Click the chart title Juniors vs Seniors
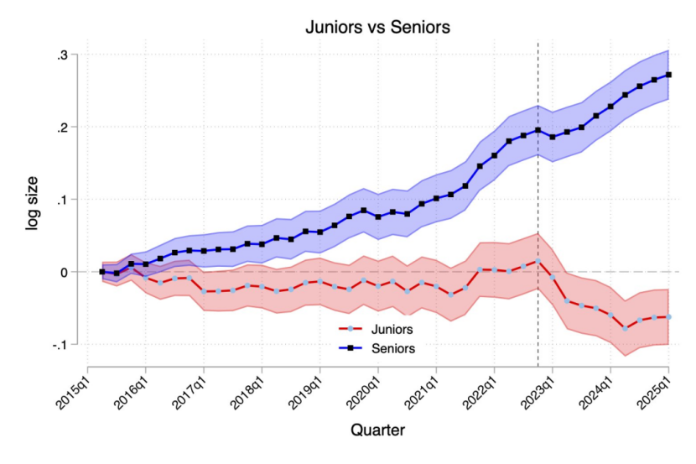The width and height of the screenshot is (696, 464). [377, 27]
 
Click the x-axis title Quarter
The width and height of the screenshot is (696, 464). [377, 430]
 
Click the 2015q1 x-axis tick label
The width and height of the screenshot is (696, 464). [72, 388]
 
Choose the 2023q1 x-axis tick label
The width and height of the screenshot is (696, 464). [538, 388]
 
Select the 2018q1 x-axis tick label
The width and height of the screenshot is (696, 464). [247, 388]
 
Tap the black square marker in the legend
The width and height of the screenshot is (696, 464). [355, 346]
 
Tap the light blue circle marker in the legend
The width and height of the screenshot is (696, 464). [355, 330]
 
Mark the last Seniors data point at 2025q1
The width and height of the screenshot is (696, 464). [668, 75]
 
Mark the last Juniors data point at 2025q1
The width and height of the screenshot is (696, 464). [668, 317]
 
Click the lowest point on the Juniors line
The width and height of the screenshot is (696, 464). [625, 328]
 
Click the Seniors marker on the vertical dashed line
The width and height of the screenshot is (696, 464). [538, 130]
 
